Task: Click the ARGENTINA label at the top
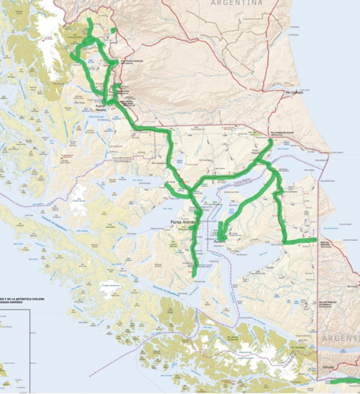237,3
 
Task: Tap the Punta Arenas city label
186,222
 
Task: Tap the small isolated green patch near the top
113,31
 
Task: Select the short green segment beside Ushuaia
344,381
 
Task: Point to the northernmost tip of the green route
90,20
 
